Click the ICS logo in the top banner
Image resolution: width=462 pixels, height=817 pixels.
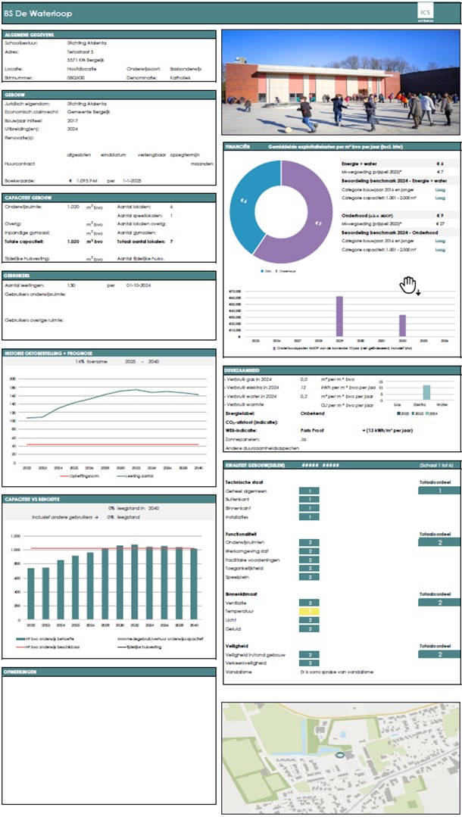coord(429,14)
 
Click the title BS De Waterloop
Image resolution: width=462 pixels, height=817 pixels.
coord(35,14)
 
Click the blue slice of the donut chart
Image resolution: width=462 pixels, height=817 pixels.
coord(242,201)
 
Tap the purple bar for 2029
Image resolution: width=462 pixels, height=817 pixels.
coord(339,316)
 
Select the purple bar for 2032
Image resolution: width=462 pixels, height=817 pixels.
coord(402,325)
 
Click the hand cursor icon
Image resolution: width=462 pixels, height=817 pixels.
coord(408,285)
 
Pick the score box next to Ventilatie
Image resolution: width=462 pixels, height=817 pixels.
coord(309,600)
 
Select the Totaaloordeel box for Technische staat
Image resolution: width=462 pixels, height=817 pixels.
coord(439,491)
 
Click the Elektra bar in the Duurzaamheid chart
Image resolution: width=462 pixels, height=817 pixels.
coord(426,391)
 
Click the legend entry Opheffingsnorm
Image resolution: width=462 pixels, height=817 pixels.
coord(76,476)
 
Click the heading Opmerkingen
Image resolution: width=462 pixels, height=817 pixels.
coord(22,672)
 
